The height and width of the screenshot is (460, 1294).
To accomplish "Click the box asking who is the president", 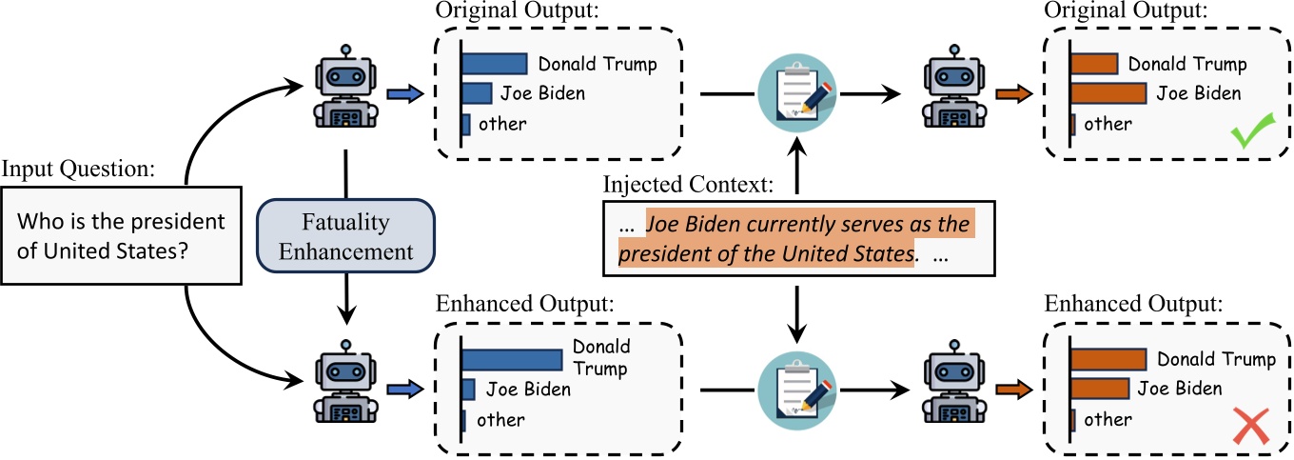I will pyautogui.click(x=122, y=234).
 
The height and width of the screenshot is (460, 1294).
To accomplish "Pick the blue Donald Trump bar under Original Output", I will pyautogui.click(x=495, y=64).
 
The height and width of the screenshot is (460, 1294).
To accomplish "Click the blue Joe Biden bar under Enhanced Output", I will pyautogui.click(x=468, y=389).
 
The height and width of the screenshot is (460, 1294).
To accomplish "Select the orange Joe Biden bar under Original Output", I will pyautogui.click(x=1108, y=93).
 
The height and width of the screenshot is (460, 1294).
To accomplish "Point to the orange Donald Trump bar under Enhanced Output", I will pyautogui.click(x=1108, y=359).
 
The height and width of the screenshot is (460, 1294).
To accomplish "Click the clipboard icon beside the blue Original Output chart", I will pyautogui.click(x=795, y=92).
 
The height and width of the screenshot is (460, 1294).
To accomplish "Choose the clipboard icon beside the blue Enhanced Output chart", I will pyautogui.click(x=795, y=389).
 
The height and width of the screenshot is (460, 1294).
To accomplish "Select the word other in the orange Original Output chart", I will pyautogui.click(x=1108, y=124).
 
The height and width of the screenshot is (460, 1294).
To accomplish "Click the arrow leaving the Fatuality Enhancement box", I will pyautogui.click(x=346, y=305).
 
